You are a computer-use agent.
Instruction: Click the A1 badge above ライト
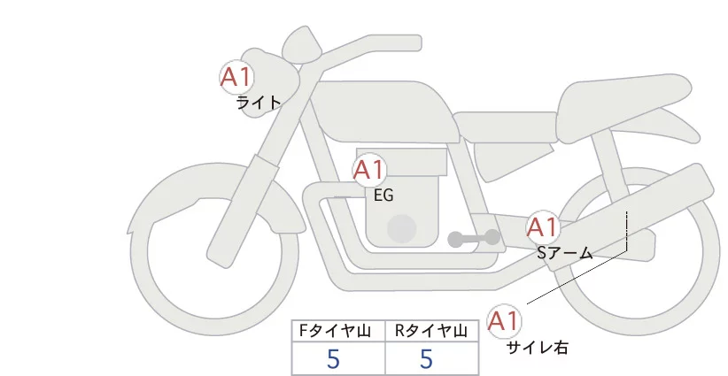(x=236, y=77)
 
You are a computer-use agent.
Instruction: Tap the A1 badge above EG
(x=369, y=169)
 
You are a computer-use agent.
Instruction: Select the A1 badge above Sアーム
(x=542, y=227)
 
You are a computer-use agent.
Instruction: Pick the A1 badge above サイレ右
(x=506, y=321)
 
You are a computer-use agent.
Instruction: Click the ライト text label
(x=259, y=102)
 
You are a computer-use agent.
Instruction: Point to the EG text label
(x=383, y=196)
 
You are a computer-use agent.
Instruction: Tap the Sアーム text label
(x=564, y=253)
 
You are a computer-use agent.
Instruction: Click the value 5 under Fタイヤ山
(x=333, y=359)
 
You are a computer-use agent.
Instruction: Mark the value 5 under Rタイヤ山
(x=426, y=359)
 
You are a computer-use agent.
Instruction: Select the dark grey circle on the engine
(x=402, y=228)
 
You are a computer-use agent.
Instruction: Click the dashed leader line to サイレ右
(x=626, y=232)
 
